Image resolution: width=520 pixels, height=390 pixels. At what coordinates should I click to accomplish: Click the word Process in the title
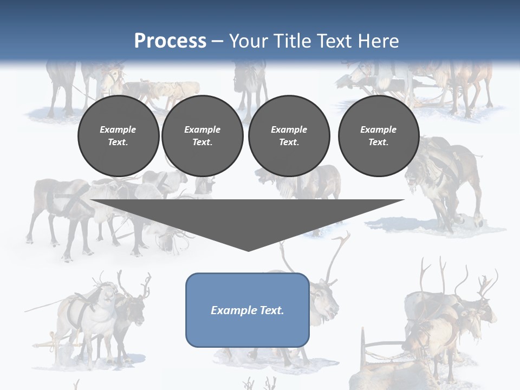coord(170,41)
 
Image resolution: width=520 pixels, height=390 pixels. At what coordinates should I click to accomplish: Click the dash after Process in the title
coord(217,41)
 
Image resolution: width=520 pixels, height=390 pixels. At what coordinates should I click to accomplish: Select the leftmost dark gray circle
coord(118,135)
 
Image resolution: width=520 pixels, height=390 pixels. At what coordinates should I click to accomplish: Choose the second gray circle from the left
coord(202,135)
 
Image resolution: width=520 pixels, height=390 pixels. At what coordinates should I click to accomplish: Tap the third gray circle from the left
coord(289,135)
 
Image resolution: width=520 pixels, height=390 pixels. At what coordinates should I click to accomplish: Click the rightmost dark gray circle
coord(378,135)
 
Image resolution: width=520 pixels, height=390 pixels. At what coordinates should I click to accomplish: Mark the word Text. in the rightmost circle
coord(378,142)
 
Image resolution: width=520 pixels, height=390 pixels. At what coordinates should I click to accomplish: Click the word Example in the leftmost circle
coord(118,129)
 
